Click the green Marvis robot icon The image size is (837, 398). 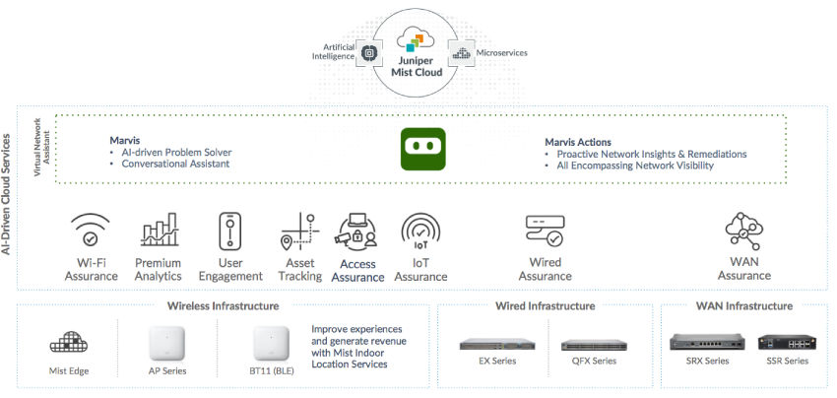pyautogui.click(x=422, y=150)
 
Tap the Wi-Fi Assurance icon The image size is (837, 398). pyautogui.click(x=91, y=230)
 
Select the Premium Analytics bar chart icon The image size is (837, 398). pyautogui.click(x=159, y=230)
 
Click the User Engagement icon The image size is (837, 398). pyautogui.click(x=229, y=231)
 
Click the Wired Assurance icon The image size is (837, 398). pyautogui.click(x=545, y=231)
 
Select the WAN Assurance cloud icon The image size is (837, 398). pyautogui.click(x=743, y=230)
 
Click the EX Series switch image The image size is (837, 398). pyautogui.click(x=496, y=345)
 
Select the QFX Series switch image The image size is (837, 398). pyautogui.click(x=594, y=346)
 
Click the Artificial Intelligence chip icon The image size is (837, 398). pyautogui.click(x=369, y=53)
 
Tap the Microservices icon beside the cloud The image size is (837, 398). pyautogui.click(x=461, y=53)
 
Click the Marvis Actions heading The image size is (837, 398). pyautogui.click(x=578, y=142)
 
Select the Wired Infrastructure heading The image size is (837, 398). pyautogui.click(x=545, y=306)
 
